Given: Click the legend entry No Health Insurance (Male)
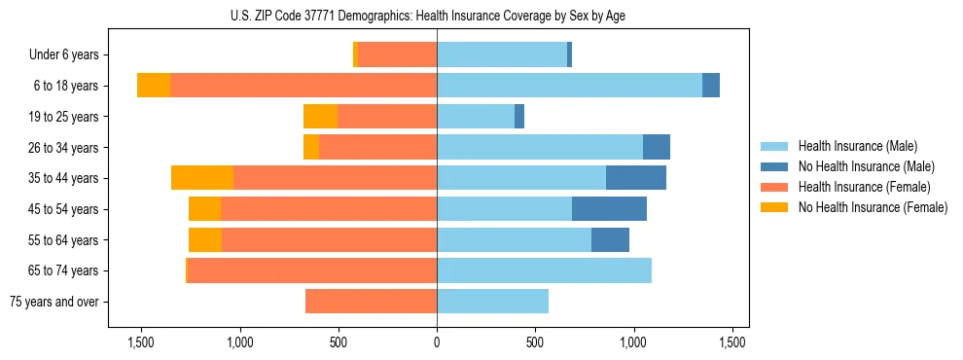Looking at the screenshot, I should (x=866, y=166).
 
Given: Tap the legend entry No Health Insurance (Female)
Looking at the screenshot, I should (x=873, y=207).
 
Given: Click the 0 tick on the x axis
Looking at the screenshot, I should (x=437, y=342).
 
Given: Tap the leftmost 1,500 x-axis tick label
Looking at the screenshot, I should (x=141, y=342).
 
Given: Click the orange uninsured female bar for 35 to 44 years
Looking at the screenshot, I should (x=202, y=178).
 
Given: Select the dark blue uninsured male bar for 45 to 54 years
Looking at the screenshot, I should (x=609, y=209).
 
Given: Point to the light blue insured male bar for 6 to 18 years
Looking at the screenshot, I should (x=569, y=86).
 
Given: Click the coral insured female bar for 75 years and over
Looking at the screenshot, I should (x=371, y=302).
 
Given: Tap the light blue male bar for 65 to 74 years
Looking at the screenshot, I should (x=544, y=270).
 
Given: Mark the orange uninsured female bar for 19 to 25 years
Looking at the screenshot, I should (x=320, y=117).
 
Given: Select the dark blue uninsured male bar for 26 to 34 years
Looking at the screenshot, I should (x=657, y=148).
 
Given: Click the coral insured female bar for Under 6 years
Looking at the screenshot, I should (x=397, y=55).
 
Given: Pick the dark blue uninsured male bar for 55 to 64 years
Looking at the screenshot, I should (x=610, y=240).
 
